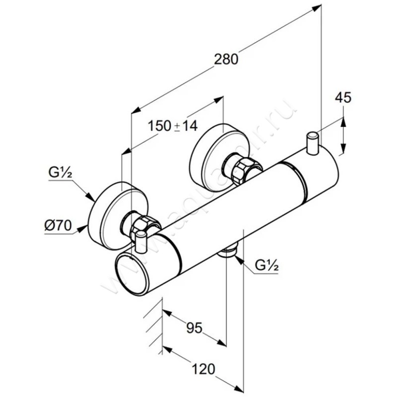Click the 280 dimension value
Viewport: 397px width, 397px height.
(x=227, y=59)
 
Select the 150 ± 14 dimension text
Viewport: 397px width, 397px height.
(x=173, y=126)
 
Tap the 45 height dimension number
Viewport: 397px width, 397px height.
(x=343, y=98)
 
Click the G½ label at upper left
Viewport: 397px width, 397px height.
(x=61, y=173)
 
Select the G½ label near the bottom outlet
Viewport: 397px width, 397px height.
(x=266, y=266)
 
